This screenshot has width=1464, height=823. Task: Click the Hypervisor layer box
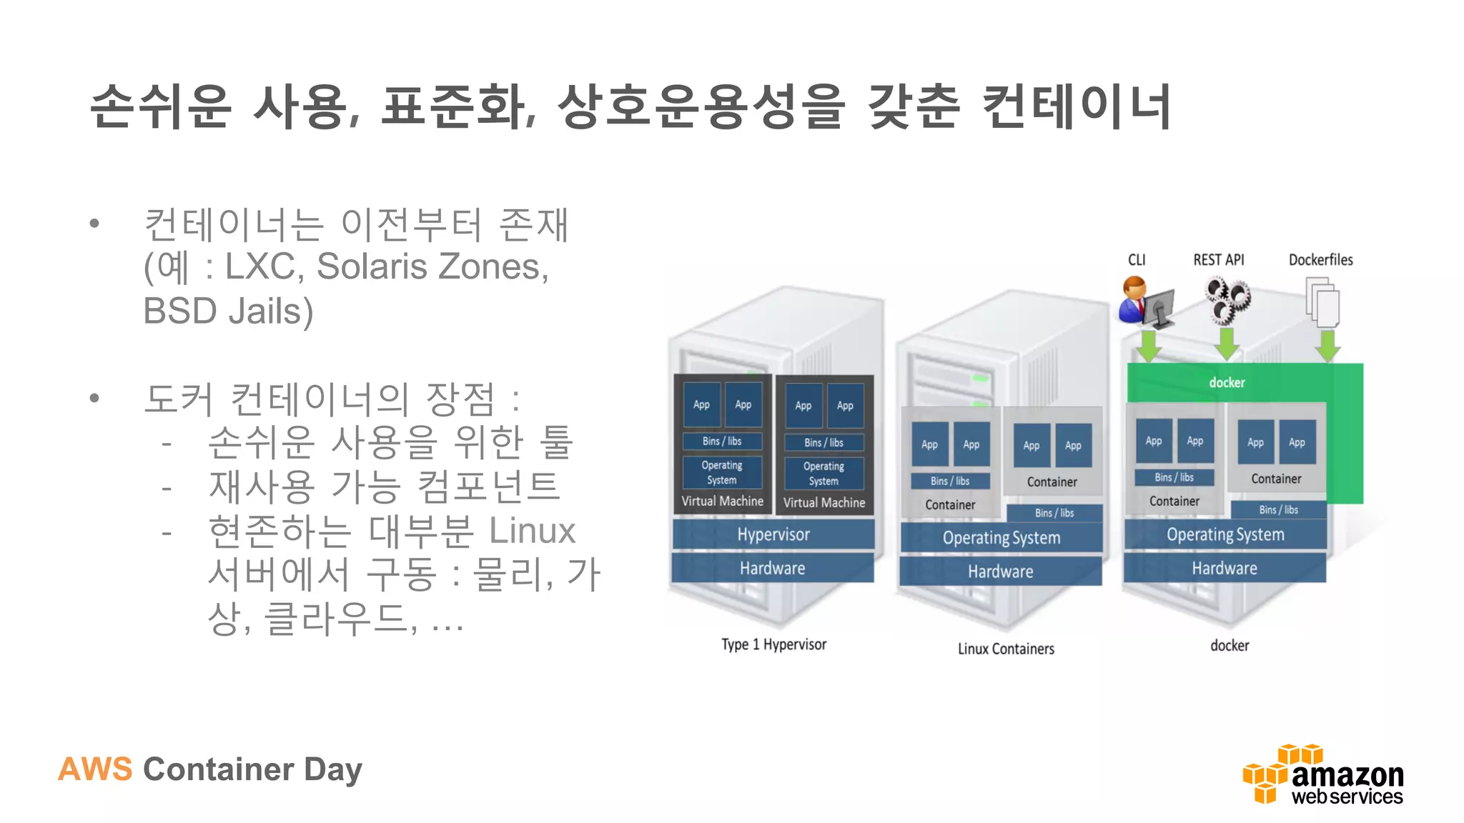(x=773, y=534)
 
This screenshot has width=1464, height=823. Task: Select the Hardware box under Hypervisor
(x=772, y=569)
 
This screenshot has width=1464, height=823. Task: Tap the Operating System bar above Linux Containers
(x=1001, y=538)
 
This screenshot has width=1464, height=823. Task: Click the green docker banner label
(x=1227, y=382)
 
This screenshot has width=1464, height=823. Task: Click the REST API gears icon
(x=1227, y=300)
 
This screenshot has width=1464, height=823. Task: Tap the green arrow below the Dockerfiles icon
(x=1327, y=346)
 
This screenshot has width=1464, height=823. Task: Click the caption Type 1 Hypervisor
(x=773, y=644)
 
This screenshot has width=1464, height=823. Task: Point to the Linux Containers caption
(x=1006, y=649)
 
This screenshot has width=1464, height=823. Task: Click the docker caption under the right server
(x=1230, y=646)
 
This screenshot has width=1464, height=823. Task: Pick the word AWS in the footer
(x=95, y=769)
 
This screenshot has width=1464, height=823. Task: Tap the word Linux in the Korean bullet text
(x=532, y=531)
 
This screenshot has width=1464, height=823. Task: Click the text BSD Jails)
(x=228, y=311)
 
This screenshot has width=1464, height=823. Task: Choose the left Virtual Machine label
(x=722, y=502)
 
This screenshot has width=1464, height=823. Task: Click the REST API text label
(x=1218, y=260)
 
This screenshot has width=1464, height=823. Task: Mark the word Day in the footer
(x=333, y=770)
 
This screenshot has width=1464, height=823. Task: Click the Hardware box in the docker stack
(x=1224, y=569)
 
